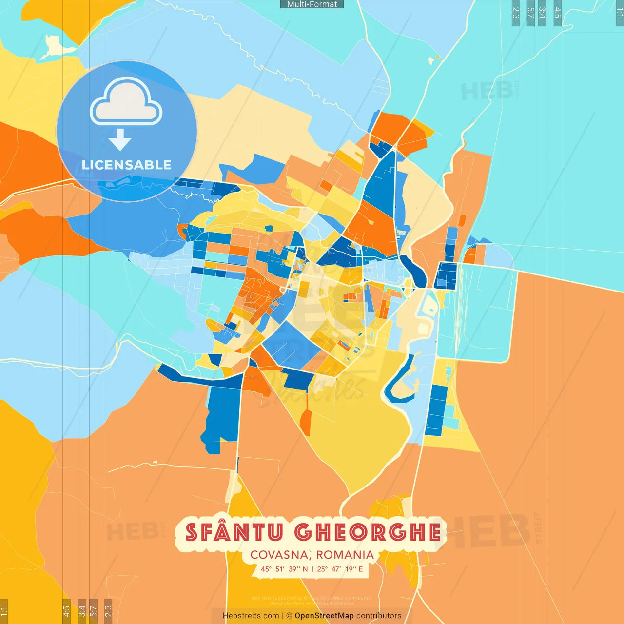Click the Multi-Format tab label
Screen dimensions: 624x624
point(312,4)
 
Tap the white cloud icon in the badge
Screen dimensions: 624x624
point(126,102)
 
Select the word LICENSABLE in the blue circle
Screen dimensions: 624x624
point(127,165)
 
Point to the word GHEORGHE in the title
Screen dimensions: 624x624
point(368,532)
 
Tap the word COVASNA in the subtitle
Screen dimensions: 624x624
point(278,555)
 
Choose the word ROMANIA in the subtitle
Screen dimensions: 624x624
point(345,555)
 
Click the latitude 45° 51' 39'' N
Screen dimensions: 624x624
point(284,569)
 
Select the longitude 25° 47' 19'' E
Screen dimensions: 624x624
point(340,569)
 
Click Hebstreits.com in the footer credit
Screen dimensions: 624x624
point(251,616)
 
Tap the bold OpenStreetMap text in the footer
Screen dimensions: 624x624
point(324,616)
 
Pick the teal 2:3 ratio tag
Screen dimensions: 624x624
point(516,13)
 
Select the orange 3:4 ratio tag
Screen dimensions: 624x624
point(82,611)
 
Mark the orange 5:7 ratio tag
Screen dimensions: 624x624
point(94,611)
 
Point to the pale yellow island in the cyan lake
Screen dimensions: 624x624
point(56,47)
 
